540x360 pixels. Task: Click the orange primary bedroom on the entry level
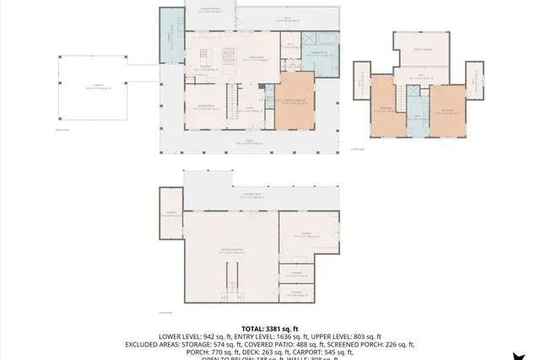[294, 101]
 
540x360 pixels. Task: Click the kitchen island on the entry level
[228, 58]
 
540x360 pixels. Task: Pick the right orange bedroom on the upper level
[447, 109]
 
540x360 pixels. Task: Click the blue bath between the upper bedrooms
[414, 114]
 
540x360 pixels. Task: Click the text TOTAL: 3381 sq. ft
[270, 329]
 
